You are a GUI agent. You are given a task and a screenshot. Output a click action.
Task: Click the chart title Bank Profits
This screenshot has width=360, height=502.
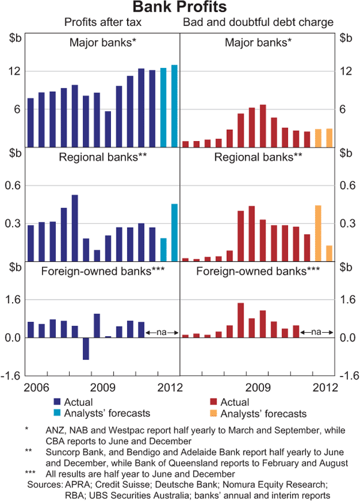tap(179, 8)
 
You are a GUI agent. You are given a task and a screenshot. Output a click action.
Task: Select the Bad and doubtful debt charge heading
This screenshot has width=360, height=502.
tap(258, 23)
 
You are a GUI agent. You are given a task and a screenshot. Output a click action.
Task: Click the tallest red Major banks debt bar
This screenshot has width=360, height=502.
tap(263, 126)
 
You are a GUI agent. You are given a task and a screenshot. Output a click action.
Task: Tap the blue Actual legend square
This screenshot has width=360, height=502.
tap(57, 402)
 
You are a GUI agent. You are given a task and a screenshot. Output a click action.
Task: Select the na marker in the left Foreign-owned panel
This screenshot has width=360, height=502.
tap(161, 331)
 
